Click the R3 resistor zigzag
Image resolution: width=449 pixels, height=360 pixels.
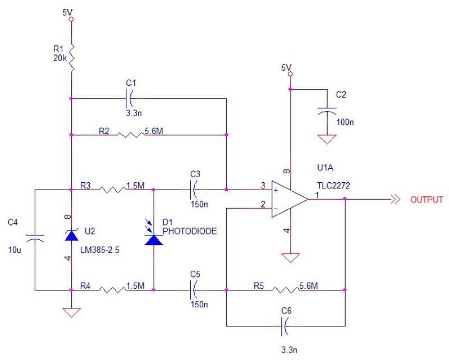click(114, 190)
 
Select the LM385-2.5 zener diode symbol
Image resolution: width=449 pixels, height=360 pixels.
click(71, 236)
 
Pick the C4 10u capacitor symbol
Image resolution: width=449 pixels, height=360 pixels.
click(35, 239)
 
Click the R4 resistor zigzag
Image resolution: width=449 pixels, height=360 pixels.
click(114, 290)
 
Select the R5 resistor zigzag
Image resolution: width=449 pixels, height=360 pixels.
click(286, 290)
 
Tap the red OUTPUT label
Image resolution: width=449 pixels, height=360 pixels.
click(427, 200)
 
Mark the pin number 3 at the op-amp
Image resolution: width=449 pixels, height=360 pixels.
click(263, 186)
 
